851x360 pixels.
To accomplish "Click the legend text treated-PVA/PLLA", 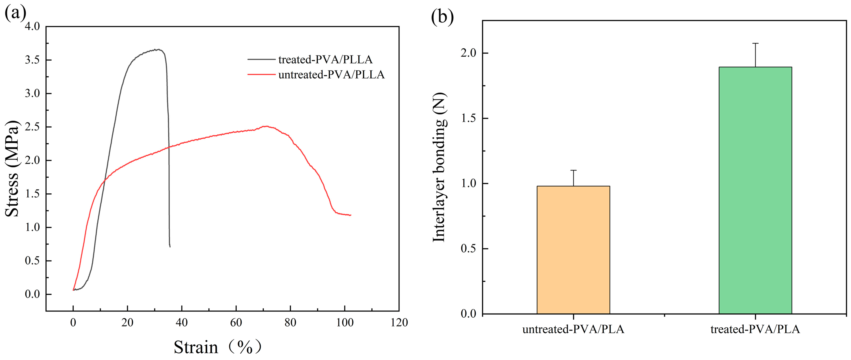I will point(325,60).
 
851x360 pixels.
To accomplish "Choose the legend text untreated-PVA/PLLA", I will point(331,75).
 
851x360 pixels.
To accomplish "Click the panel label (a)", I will point(15,13).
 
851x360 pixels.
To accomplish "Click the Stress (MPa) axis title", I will point(12,168).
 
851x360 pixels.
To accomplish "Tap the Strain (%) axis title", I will point(217,347).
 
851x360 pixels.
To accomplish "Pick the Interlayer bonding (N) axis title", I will point(439,167).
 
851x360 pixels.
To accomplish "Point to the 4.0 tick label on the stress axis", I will point(32,26).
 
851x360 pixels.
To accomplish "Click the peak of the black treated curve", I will point(159,50).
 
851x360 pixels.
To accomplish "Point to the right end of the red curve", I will point(351,215).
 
